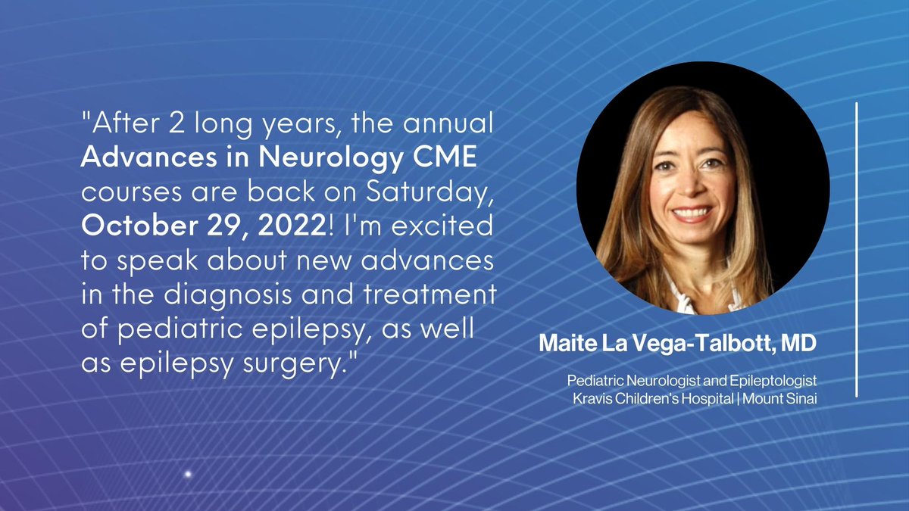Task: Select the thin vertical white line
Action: [x=857, y=250]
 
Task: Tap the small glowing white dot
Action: [x=188, y=474]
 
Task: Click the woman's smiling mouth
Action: [x=690, y=214]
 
